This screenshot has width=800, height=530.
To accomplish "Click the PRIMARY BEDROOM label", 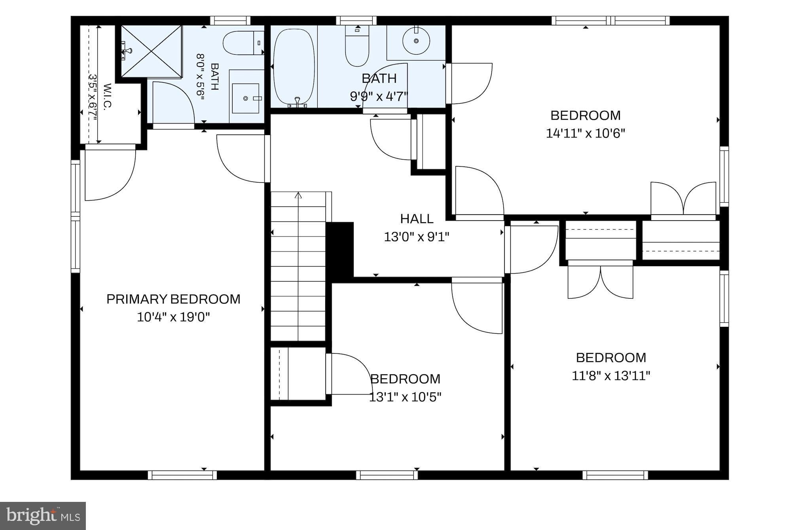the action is point(173,299).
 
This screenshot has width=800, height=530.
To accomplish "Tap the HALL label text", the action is point(417,219).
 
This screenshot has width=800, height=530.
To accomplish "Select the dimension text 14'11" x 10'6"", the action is point(586,133).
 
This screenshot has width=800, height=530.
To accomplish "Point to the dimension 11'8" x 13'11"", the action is point(611,376).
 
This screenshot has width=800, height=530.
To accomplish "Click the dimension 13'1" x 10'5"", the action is point(405,397).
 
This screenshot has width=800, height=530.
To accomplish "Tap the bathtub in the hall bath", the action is point(294,67).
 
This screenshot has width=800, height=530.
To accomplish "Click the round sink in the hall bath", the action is point(416,41).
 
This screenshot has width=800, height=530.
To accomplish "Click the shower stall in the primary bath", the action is point(151,51).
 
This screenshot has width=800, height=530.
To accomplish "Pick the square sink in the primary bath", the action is point(246,98).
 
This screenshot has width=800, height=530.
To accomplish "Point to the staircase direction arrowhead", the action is point(298,195).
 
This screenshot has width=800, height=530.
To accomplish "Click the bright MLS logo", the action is point(43,516).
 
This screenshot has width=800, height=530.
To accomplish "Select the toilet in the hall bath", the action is point(357,46).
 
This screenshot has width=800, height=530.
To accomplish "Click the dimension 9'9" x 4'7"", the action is point(379,96).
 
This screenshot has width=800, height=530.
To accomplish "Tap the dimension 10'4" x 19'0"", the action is point(173,317).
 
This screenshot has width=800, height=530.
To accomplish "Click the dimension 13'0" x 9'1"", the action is point(417,237).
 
